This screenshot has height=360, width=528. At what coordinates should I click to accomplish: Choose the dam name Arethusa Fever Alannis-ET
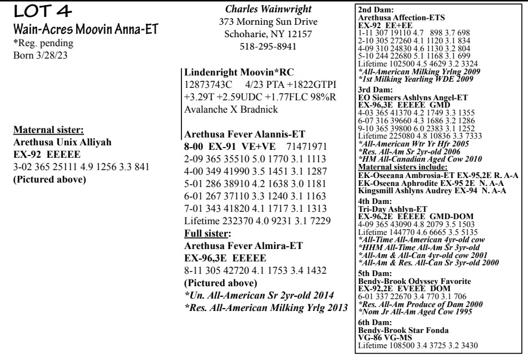tap(243, 134)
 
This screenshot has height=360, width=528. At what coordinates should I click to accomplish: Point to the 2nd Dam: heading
tap(372, 10)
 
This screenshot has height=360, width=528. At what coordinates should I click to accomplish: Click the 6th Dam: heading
tap(372, 315)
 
